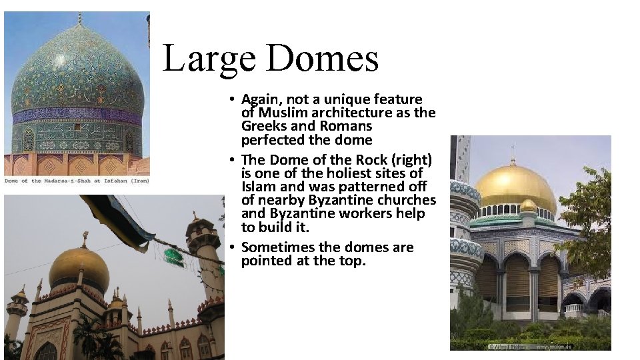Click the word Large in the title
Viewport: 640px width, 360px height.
click(x=208, y=58)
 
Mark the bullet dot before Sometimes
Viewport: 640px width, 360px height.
click(x=229, y=247)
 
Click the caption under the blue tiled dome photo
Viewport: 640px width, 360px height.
click(x=77, y=181)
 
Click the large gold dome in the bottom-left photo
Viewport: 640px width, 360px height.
click(x=79, y=267)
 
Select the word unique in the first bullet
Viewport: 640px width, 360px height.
click(x=335, y=99)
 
